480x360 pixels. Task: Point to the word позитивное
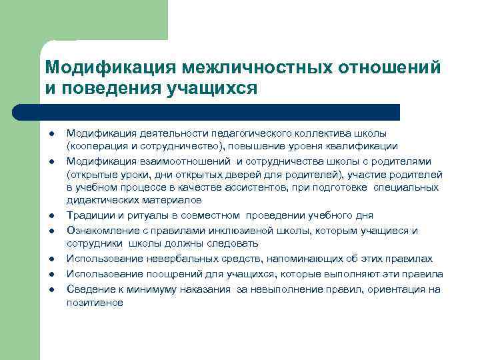pos(95,301)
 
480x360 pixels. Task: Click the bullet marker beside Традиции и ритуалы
pos(51,216)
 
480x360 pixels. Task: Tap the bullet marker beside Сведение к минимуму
pos(51,289)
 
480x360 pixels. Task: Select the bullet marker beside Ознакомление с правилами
pos(51,231)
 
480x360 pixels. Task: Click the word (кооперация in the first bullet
pos(96,146)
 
